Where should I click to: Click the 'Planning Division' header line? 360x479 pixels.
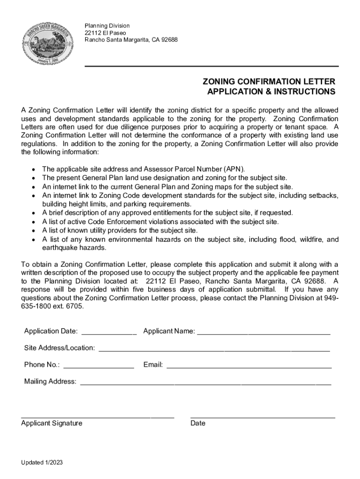(107, 25)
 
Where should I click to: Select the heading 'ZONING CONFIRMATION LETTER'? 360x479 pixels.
(268, 81)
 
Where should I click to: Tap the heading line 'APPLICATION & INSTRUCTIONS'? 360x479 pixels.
(271, 92)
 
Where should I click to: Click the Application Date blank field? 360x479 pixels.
(109, 332)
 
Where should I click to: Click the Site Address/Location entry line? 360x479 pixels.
(214, 348)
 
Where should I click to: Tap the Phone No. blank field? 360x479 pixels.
(99, 365)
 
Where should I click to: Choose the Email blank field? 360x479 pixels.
(249, 365)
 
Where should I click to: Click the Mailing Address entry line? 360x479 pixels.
(206, 382)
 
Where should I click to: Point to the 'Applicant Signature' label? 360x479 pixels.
(51, 423)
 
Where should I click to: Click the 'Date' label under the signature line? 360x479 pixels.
(198, 423)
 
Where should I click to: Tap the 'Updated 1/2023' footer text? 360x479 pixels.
(42, 463)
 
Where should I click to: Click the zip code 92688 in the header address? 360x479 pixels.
(169, 40)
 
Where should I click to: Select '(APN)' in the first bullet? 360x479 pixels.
(234, 169)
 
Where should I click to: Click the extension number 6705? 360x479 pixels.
(76, 307)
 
